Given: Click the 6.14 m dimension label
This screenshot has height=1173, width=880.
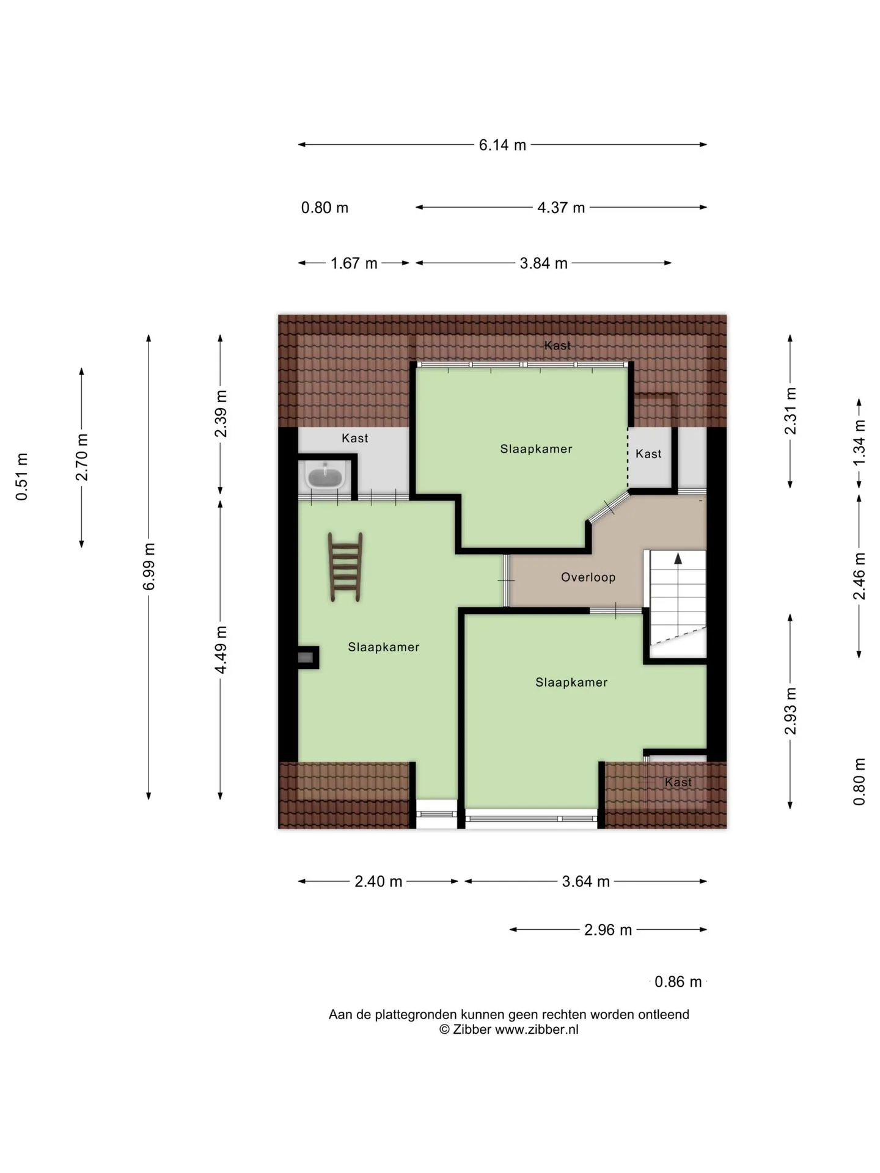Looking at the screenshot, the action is click(502, 145).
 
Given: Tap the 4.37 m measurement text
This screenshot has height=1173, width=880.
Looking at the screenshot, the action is click(561, 208).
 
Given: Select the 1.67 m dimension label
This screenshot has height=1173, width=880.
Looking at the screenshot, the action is click(354, 263).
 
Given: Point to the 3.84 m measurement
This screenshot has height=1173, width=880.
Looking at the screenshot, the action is click(544, 263).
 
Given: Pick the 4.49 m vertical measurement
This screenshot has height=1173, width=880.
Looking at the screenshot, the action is click(221, 650).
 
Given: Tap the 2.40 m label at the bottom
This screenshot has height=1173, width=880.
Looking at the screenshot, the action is click(378, 882).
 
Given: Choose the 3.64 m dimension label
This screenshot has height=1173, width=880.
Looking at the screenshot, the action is click(586, 882).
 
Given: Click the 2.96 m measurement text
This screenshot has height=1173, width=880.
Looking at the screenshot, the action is click(608, 930).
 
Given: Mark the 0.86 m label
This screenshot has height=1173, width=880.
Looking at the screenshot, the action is click(678, 982).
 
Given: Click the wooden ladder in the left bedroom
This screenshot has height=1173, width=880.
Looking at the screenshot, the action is click(346, 566).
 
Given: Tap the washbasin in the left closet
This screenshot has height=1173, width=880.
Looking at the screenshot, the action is click(325, 476).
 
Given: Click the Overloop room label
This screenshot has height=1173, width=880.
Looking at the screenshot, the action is click(588, 577).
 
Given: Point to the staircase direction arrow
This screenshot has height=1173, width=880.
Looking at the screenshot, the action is click(678, 558).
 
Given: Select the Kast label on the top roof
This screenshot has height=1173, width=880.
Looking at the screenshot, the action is click(558, 346).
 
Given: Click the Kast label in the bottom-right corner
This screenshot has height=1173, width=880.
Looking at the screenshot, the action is click(678, 782).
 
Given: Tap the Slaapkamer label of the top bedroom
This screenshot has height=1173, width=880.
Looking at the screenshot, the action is click(537, 449).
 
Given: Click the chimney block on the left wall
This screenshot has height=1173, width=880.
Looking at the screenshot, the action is click(307, 657).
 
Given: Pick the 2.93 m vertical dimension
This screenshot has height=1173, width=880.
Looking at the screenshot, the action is click(791, 711).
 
